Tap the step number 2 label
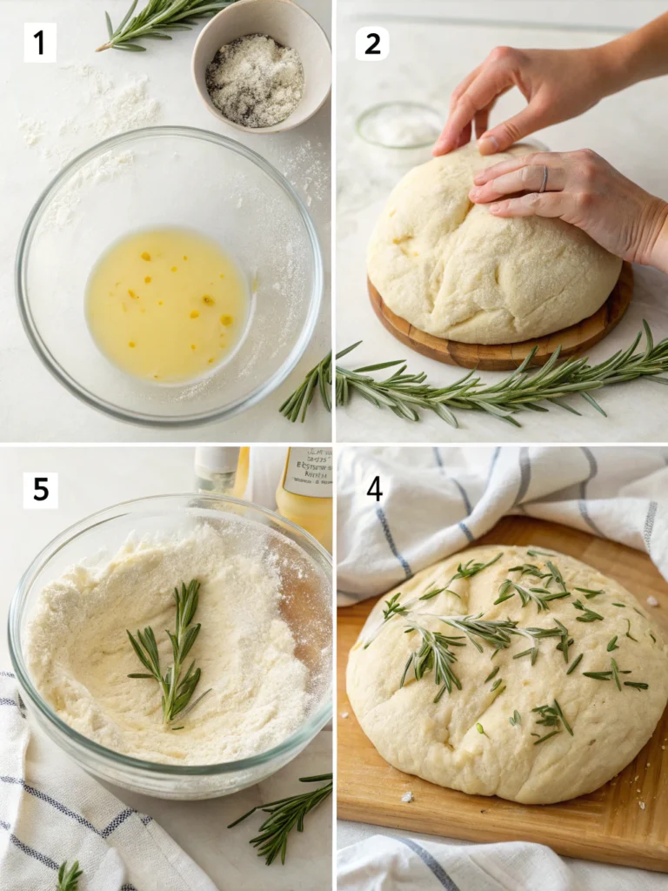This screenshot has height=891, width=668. [372, 43]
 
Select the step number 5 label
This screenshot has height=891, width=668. [40, 490]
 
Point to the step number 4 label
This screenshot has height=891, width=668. [374, 489]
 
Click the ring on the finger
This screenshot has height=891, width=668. [544, 178]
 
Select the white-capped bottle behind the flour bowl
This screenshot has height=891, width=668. [217, 470]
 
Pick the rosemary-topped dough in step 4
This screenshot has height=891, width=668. [504, 679]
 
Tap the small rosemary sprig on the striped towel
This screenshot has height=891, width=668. [70, 874]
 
